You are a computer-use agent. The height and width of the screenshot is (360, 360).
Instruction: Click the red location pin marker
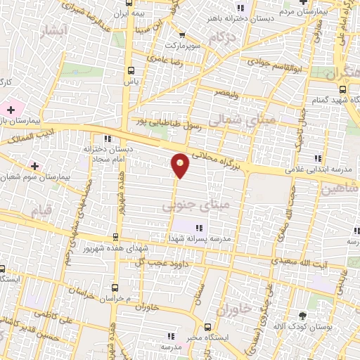tap(181, 165)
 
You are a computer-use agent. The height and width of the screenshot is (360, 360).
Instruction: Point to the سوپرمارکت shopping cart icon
tap(182, 35)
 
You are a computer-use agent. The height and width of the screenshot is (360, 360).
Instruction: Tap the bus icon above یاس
tap(130, 70)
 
